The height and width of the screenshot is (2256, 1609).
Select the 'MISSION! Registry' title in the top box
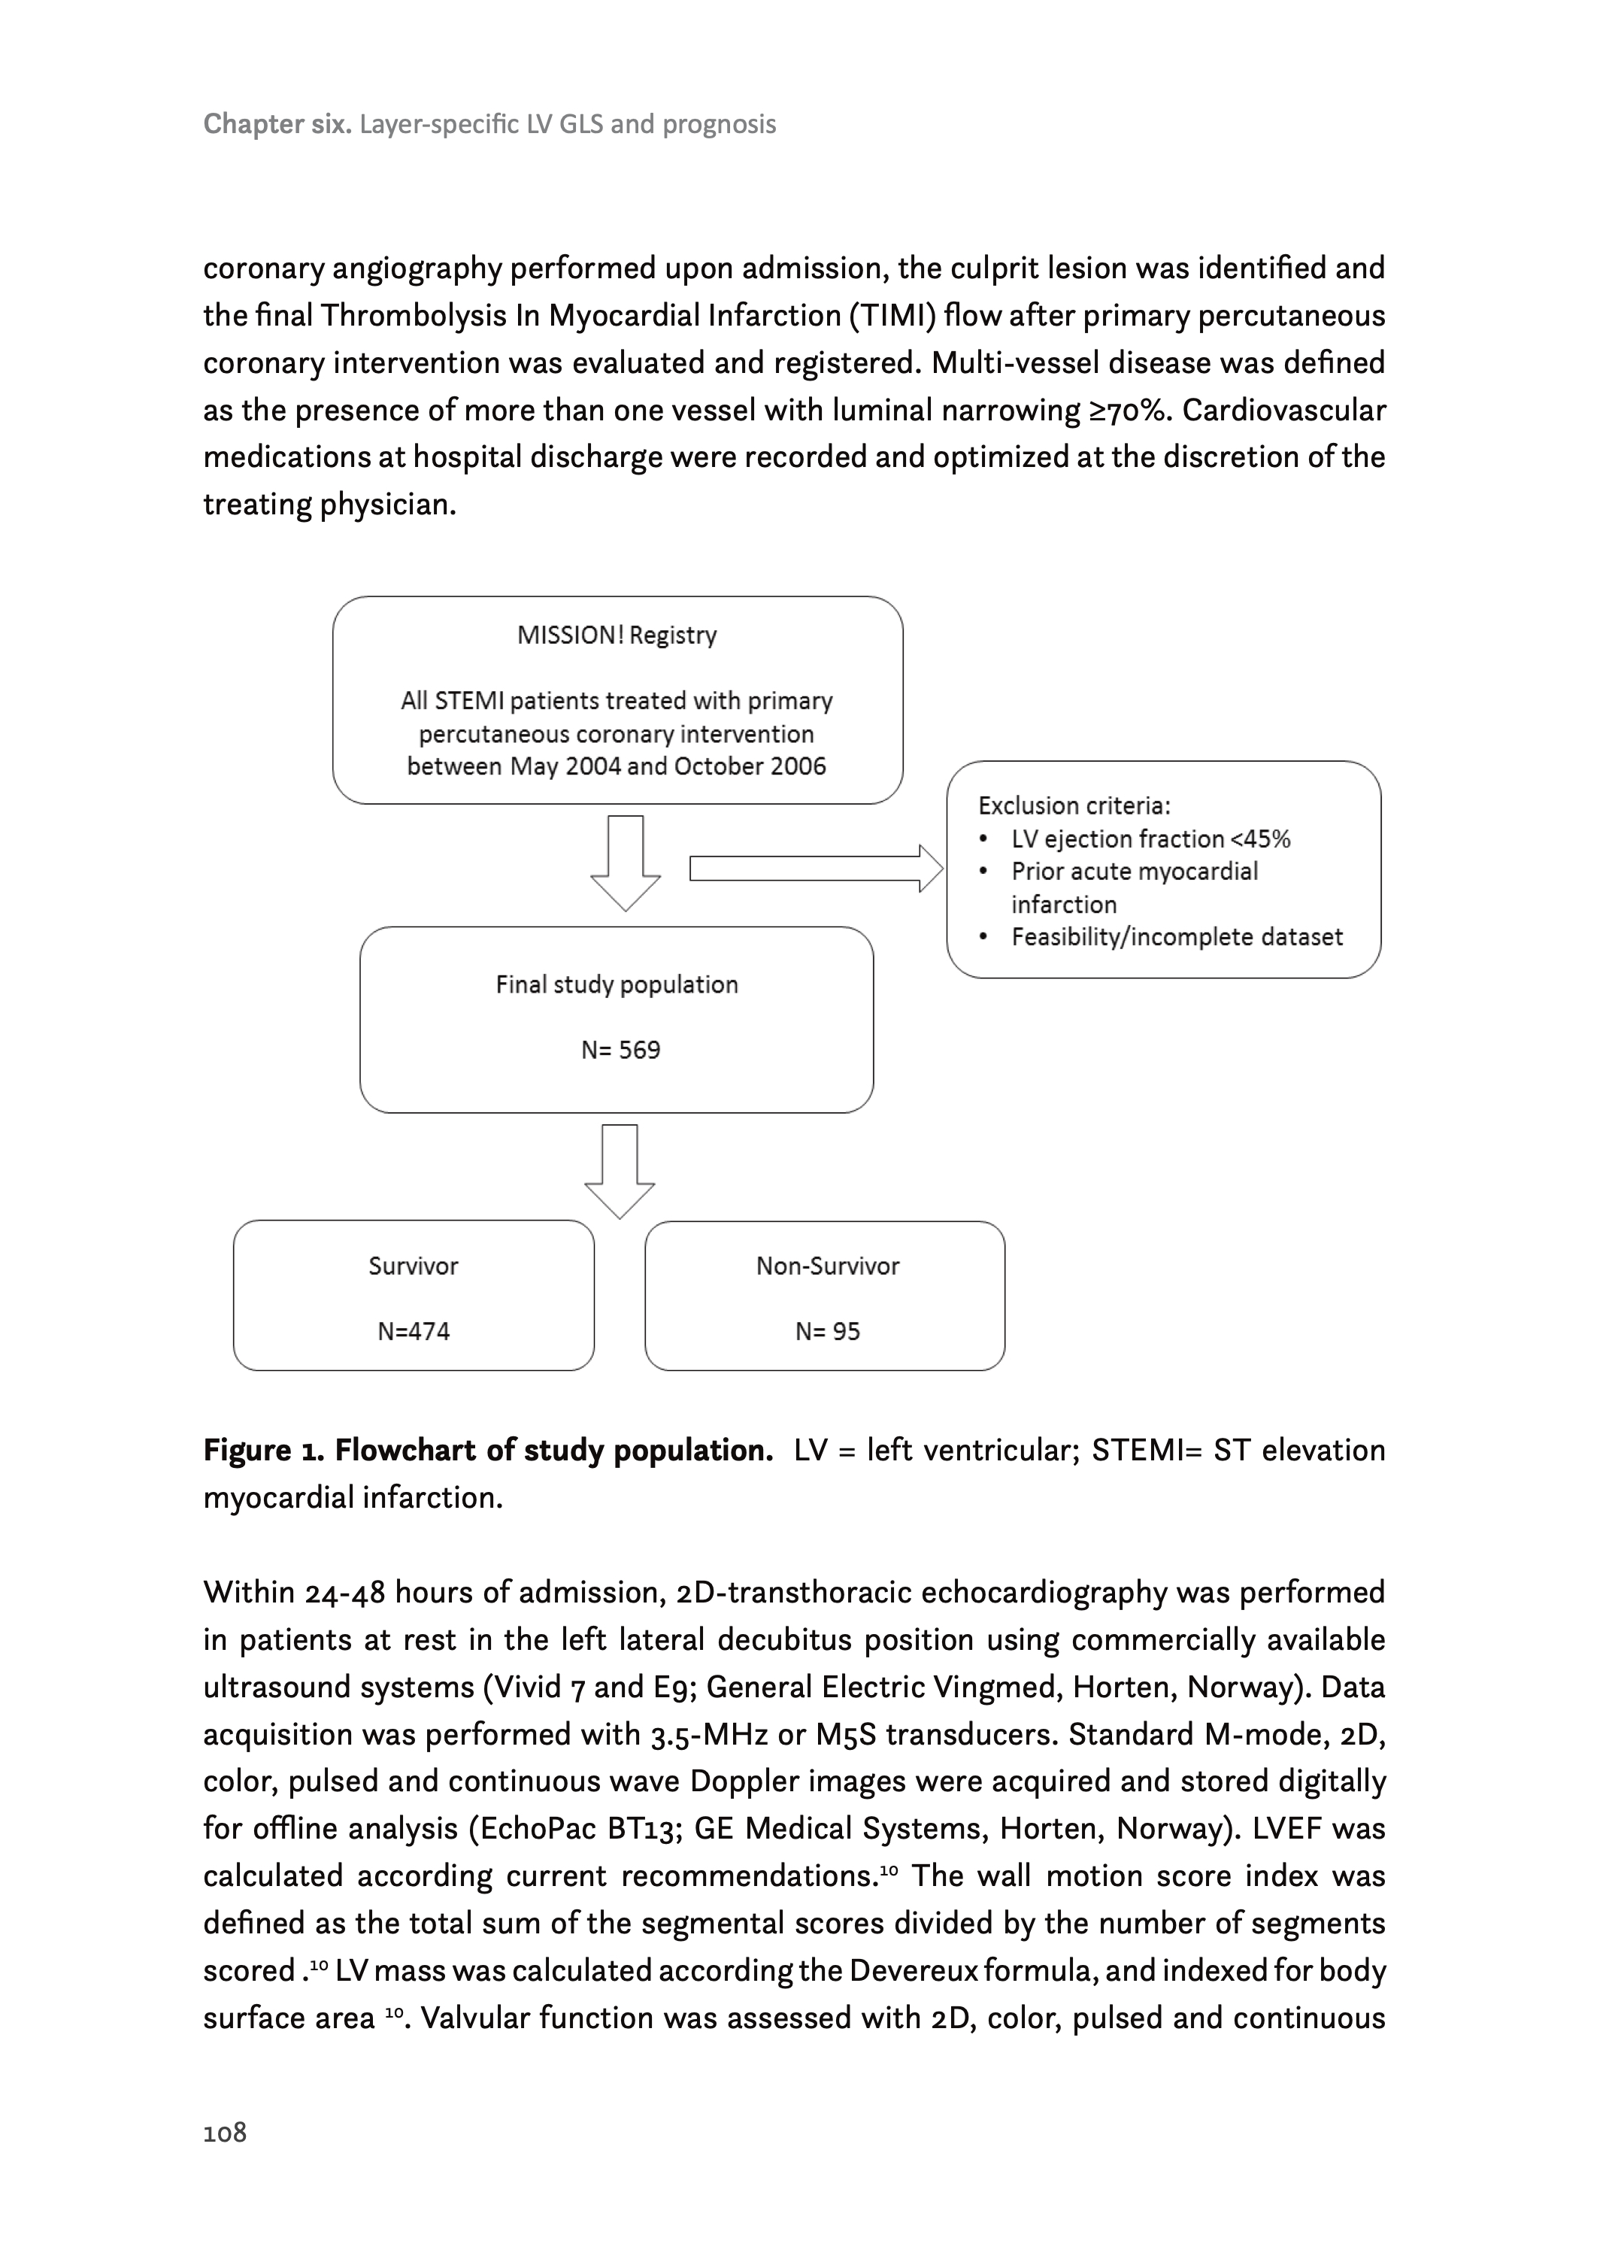point(617,635)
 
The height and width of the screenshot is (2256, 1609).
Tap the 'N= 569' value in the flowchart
point(620,1051)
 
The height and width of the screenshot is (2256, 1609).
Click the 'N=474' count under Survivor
point(413,1332)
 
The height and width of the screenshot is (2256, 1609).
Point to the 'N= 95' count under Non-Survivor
point(827,1332)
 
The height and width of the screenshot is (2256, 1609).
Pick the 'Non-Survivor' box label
point(827,1266)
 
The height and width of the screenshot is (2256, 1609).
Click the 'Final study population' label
point(617,985)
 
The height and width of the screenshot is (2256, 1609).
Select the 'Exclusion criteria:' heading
point(1074,805)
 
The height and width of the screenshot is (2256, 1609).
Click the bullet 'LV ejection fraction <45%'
point(1150,839)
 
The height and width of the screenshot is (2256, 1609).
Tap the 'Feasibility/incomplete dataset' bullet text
point(1177,937)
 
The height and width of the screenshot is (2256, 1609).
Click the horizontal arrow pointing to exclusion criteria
point(815,869)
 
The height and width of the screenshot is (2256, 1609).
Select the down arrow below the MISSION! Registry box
point(625,862)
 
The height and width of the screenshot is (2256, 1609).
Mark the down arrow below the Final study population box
point(620,1171)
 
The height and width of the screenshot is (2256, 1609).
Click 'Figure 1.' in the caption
point(264,1451)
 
